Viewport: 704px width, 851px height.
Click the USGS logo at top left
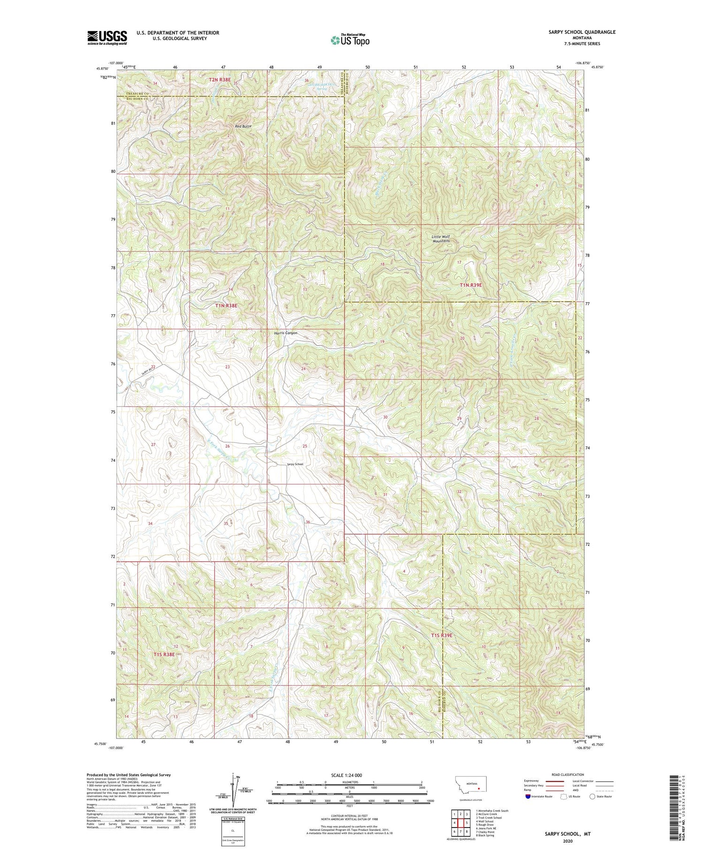[x=107, y=38]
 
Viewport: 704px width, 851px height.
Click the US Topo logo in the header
[x=350, y=40]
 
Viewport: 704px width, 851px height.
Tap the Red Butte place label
[x=244, y=127]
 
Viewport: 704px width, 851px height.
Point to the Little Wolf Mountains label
[x=440, y=238]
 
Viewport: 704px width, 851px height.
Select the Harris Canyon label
[x=285, y=333]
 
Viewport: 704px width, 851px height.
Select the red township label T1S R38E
[x=164, y=654]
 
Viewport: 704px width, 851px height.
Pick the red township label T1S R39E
[x=442, y=635]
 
